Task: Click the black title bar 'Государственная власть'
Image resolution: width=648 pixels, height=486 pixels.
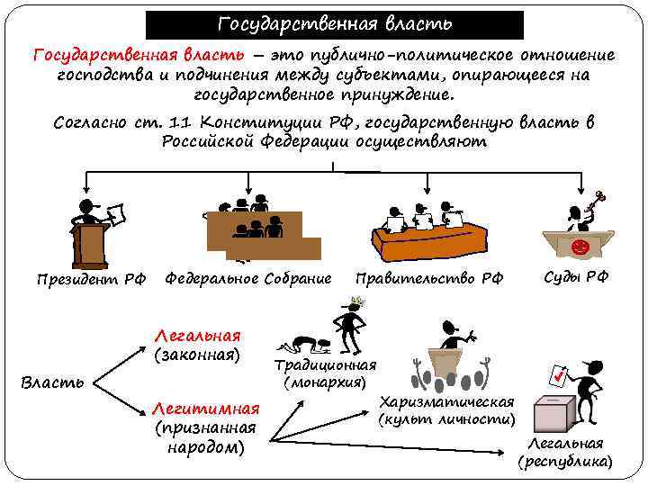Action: [x=335, y=23]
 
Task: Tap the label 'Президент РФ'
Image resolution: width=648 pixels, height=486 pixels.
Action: [x=91, y=279]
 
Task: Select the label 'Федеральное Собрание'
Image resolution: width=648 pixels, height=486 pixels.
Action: [x=247, y=278]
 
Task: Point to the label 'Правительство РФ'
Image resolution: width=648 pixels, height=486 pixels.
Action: [x=429, y=278]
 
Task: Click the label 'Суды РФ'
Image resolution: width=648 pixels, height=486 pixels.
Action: [x=576, y=276]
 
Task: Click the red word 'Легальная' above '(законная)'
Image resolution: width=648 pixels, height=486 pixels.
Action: [x=197, y=336]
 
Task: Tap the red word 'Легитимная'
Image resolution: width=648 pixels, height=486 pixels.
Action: [x=206, y=407]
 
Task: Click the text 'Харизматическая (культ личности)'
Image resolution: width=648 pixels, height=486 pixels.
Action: [x=447, y=410]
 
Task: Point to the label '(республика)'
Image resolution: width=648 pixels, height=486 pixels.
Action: [x=564, y=462]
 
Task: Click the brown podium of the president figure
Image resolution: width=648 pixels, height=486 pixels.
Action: [x=91, y=243]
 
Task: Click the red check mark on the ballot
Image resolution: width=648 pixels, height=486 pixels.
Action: [x=560, y=373]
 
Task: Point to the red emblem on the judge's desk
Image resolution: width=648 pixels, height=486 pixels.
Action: [x=580, y=245]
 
